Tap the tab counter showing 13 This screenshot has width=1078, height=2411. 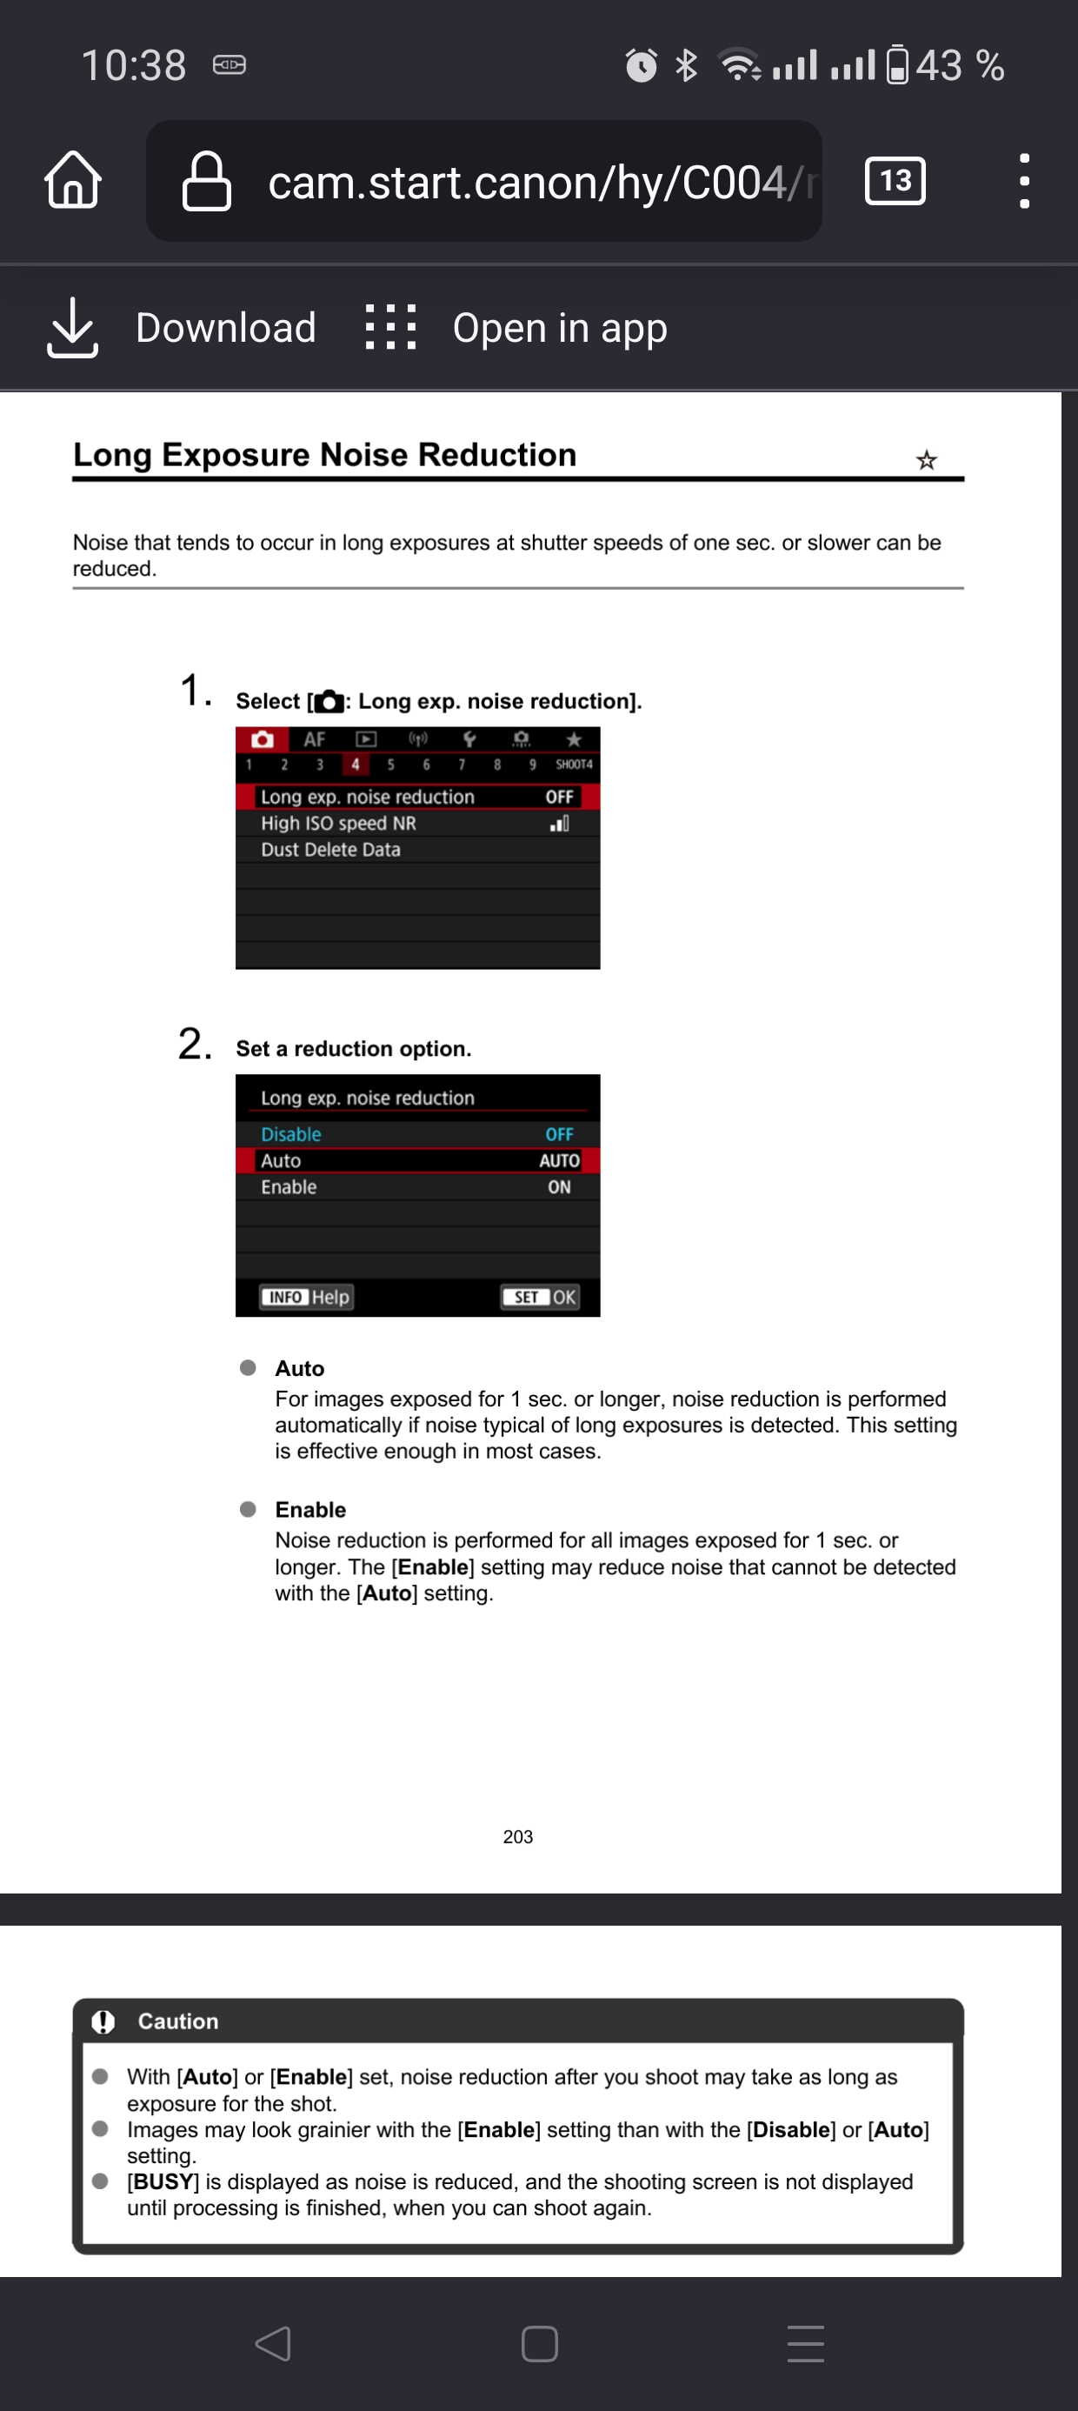pos(895,180)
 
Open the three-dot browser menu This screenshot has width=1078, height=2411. pos(1024,180)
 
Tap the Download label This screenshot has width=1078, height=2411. pos(225,328)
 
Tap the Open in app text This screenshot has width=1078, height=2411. pos(560,328)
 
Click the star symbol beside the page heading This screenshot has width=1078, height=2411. pos(926,459)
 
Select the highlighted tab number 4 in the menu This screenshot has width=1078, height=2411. pos(355,764)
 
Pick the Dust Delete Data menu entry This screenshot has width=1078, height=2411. pos(330,849)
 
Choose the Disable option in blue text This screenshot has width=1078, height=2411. pos(291,1133)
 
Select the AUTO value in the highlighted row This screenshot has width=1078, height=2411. pos(559,1159)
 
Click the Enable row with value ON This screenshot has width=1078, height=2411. pos(416,1185)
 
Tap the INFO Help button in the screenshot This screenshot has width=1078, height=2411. pos(306,1296)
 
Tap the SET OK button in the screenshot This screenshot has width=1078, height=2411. pos(540,1296)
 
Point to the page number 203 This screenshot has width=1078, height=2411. pos(517,1836)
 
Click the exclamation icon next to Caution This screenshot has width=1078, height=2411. pos(103,2020)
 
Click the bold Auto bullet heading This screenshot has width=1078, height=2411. pos(299,1367)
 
